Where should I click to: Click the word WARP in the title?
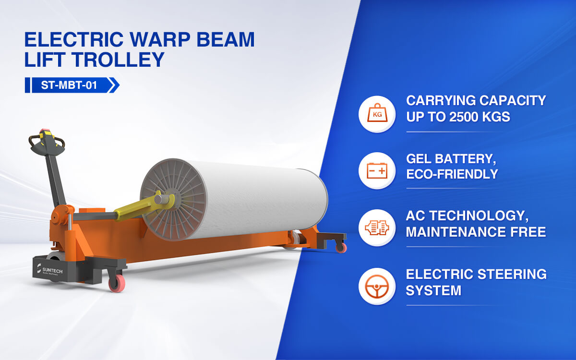(159, 39)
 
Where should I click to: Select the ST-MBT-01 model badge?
(72, 85)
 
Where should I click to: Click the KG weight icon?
(377, 114)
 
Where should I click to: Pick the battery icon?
(377, 171)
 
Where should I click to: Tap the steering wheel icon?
(377, 286)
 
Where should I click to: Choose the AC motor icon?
(377, 228)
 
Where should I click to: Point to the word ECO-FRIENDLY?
(452, 174)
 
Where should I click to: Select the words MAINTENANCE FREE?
(476, 232)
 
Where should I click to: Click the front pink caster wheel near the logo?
(117, 283)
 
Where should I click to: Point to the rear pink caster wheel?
(341, 248)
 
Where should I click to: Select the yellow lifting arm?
(144, 206)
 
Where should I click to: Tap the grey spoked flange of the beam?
(173, 200)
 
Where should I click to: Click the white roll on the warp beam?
(260, 199)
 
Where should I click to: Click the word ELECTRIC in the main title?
(74, 39)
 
